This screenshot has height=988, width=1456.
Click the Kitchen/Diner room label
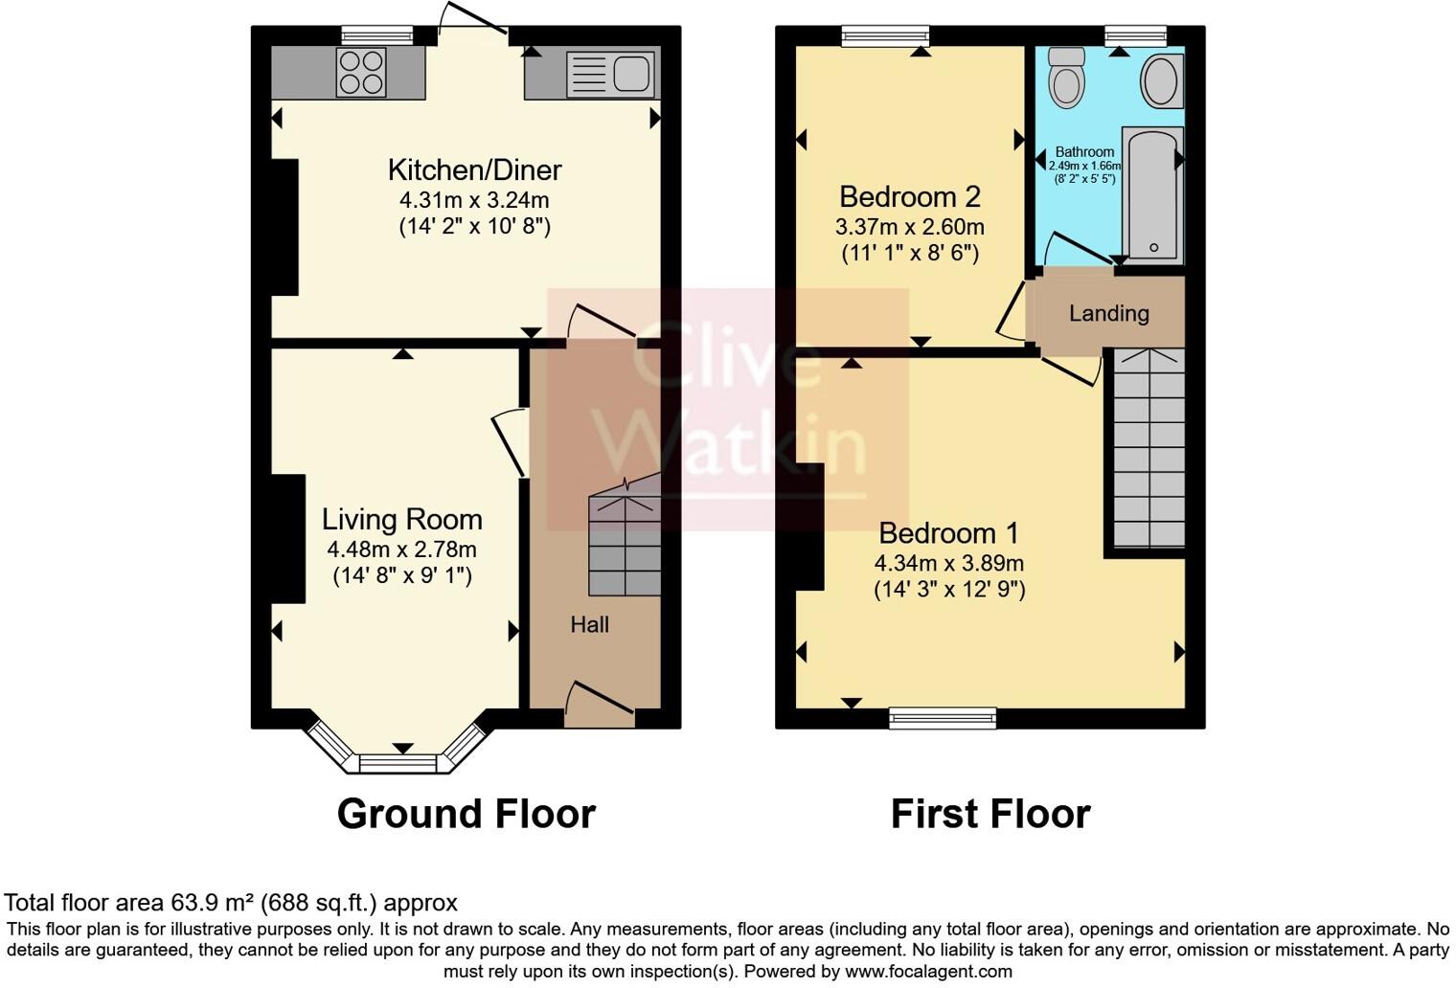click(x=474, y=169)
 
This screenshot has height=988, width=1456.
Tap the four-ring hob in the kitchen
click(x=361, y=73)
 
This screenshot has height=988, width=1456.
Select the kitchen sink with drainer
click(x=610, y=74)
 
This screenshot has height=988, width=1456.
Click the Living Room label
click(x=401, y=519)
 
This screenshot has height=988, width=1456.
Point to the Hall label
click(x=589, y=625)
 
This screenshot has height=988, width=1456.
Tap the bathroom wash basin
click(x=1160, y=79)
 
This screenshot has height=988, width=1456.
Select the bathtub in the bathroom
click(x=1153, y=195)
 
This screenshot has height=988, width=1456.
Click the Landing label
click(x=1108, y=313)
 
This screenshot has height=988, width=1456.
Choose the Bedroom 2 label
click(x=909, y=196)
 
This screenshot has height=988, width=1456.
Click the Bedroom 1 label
click(x=948, y=532)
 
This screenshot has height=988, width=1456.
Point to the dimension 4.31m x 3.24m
click(x=474, y=200)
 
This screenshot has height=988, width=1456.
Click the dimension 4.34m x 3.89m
click(x=948, y=563)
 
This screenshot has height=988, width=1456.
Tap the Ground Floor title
click(x=466, y=814)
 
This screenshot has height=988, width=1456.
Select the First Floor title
click(x=990, y=814)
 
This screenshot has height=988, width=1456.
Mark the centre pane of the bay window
click(x=398, y=763)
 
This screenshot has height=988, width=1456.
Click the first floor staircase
click(x=1148, y=448)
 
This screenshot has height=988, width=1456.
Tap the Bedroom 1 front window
click(x=943, y=718)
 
